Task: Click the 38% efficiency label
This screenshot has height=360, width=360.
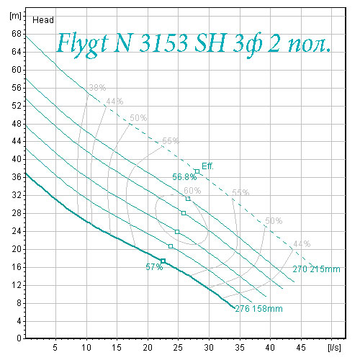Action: [x=97, y=88]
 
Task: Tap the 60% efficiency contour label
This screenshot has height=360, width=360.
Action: [x=192, y=191]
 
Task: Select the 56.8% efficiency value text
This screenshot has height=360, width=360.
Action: [x=184, y=177]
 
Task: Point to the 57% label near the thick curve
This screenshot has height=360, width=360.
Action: [x=154, y=267]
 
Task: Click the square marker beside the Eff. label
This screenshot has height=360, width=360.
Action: [x=197, y=171]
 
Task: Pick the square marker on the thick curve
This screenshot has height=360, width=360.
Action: [x=163, y=261]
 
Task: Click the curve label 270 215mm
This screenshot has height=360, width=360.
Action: [x=316, y=269]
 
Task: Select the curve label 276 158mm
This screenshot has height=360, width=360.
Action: [x=258, y=309]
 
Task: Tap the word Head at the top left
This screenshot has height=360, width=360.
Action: [x=43, y=20]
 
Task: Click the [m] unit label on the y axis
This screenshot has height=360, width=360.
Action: [x=15, y=16]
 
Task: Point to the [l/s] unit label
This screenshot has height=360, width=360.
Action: [x=334, y=348]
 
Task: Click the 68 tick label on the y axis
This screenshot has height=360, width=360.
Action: [x=17, y=34]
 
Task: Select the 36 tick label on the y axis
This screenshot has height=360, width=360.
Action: [x=17, y=177]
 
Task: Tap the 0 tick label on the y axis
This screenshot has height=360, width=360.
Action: [x=19, y=338]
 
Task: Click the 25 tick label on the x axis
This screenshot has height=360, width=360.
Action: [x=178, y=348]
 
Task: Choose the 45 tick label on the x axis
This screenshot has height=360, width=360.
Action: [x=301, y=348]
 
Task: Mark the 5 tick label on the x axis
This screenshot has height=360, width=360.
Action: [x=55, y=348]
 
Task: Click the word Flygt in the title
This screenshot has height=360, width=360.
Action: [x=82, y=45]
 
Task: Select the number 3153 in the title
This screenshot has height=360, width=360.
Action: [x=163, y=43]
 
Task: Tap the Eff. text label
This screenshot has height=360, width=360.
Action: [x=207, y=166]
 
